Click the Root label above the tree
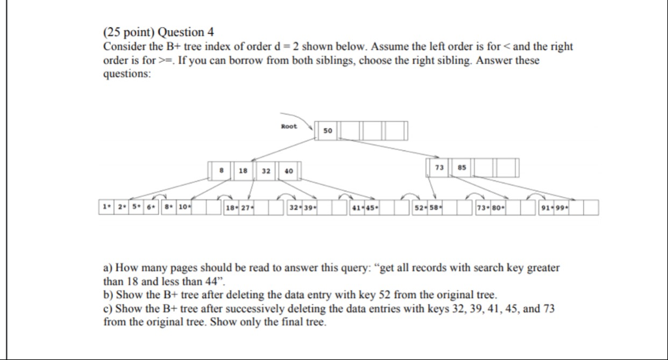tap(289, 126)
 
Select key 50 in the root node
tap(327, 130)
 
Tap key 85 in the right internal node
tap(462, 168)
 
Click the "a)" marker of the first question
tap(108, 268)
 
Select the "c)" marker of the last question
tap(108, 308)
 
